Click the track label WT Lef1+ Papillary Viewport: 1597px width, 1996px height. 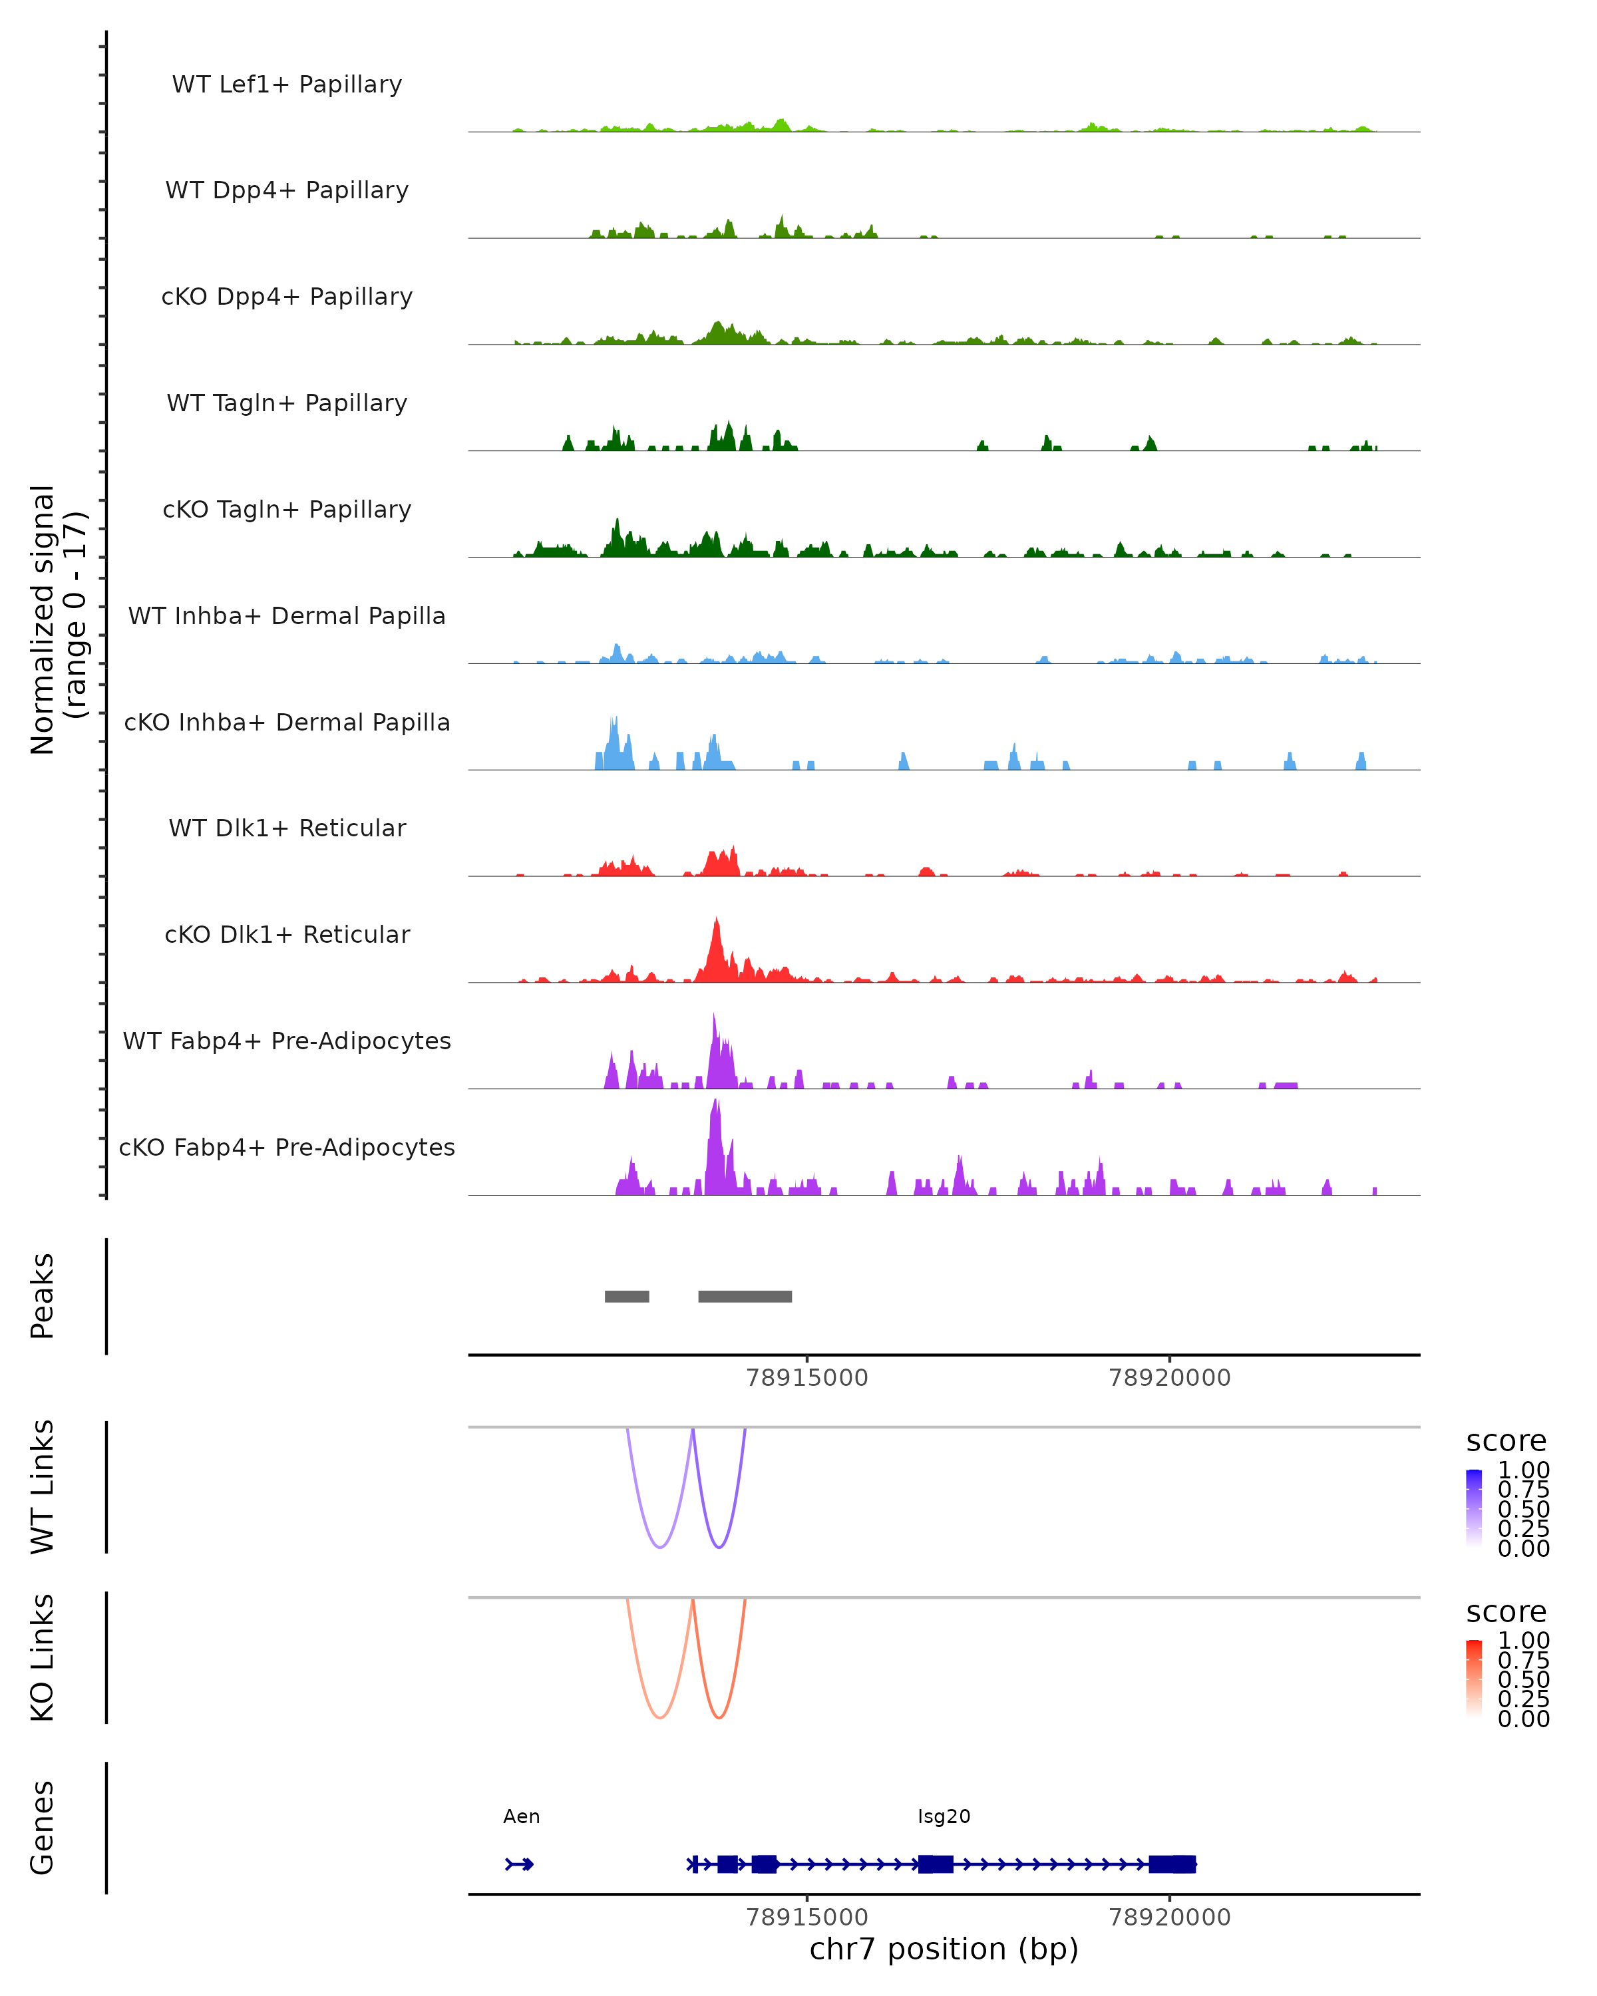click(x=287, y=84)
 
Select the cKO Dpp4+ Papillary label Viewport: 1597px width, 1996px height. click(x=287, y=297)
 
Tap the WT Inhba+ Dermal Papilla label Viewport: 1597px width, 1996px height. click(x=287, y=617)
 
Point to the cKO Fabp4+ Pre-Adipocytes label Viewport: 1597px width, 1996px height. click(x=287, y=1148)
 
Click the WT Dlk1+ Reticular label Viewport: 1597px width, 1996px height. click(x=287, y=828)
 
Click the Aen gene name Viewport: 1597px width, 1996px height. click(x=521, y=1816)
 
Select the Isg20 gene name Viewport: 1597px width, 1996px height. click(x=944, y=1816)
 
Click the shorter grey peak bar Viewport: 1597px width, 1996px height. click(x=627, y=1296)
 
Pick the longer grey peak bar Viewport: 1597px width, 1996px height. click(x=745, y=1296)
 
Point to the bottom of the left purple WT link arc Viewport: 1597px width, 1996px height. click(x=660, y=1546)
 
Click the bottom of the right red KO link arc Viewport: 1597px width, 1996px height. click(x=719, y=1717)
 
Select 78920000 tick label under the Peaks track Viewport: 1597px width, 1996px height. click(x=1169, y=1379)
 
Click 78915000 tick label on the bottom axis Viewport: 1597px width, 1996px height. click(x=806, y=1917)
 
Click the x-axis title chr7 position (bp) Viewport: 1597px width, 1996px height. click(x=944, y=1949)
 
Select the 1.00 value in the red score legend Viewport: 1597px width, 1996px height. click(x=1523, y=1641)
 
